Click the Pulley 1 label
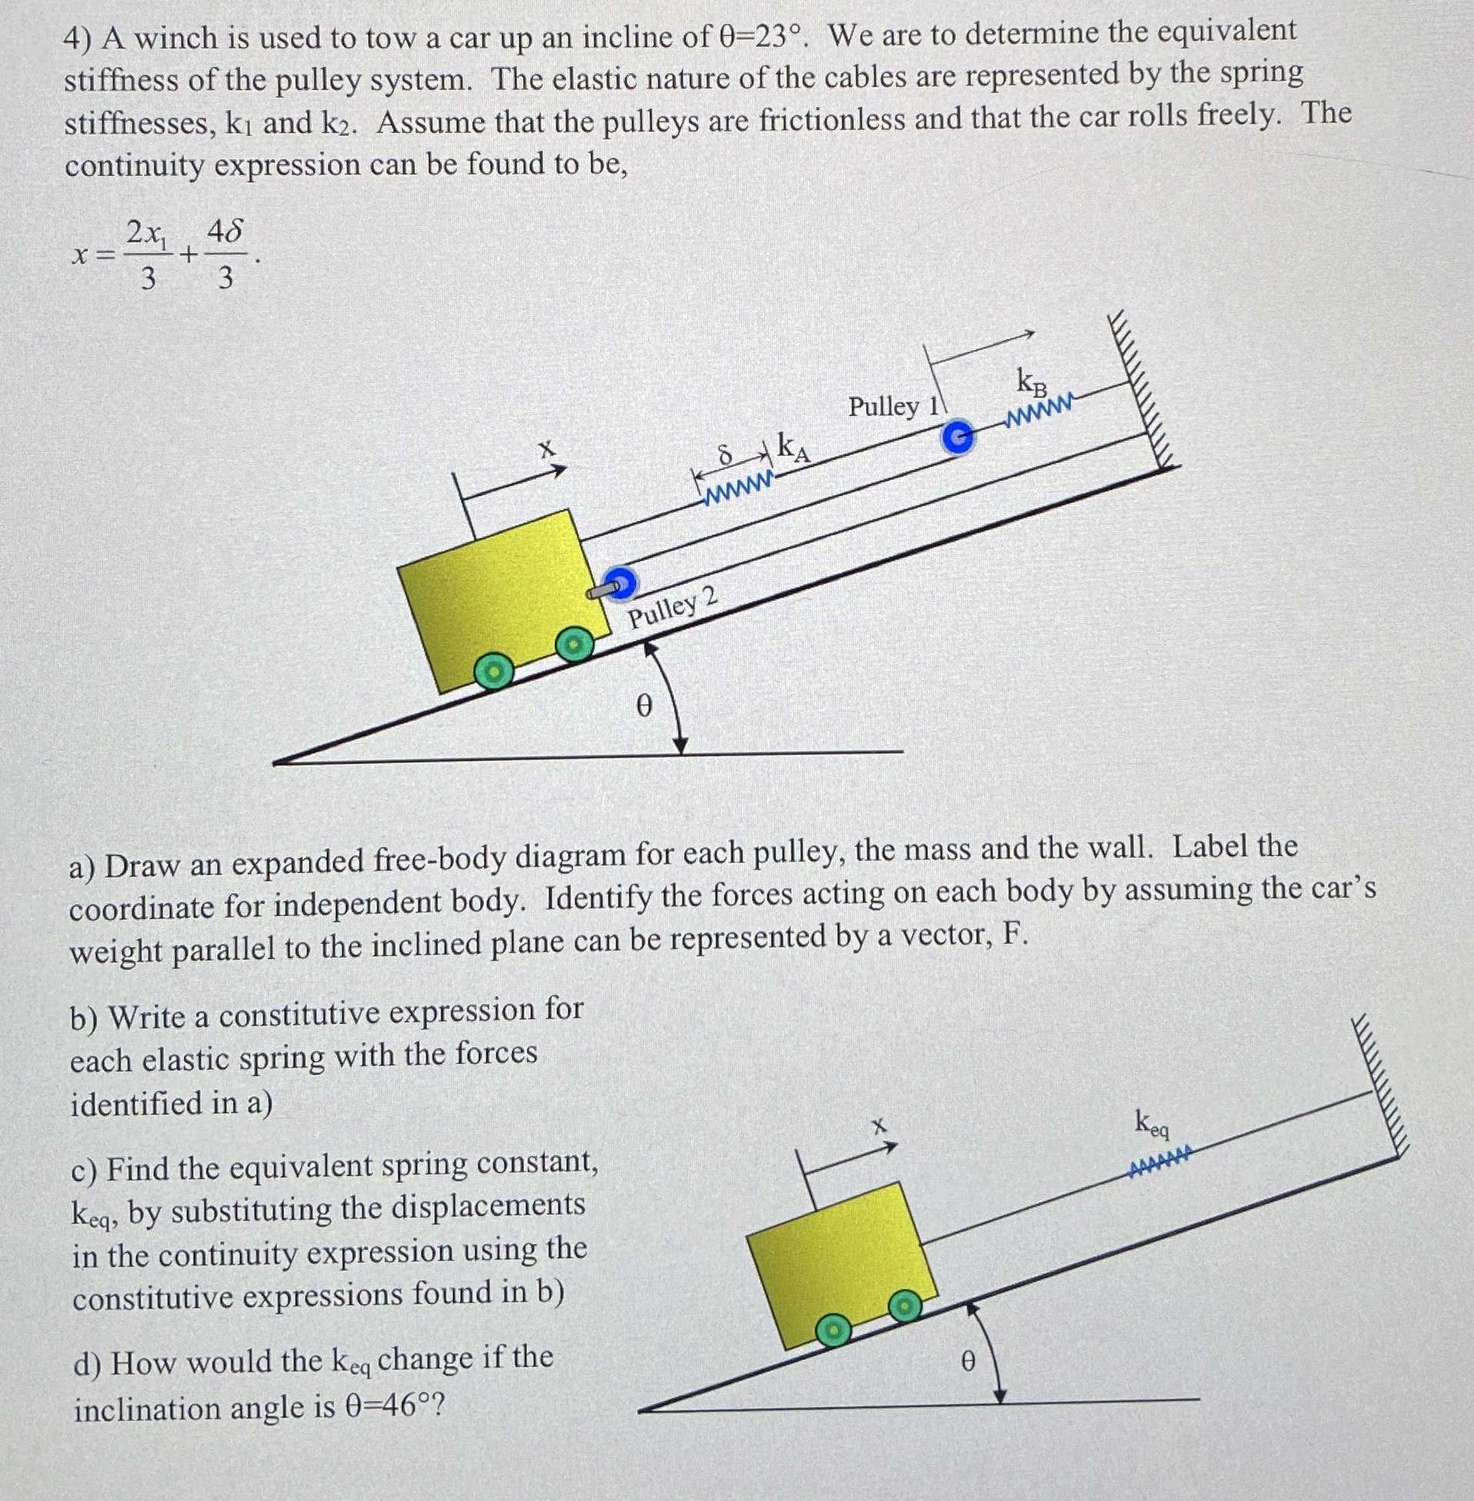(893, 405)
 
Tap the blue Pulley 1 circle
(958, 439)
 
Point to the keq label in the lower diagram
(1152, 1122)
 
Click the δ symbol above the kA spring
(725, 456)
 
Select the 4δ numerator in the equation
(225, 232)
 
